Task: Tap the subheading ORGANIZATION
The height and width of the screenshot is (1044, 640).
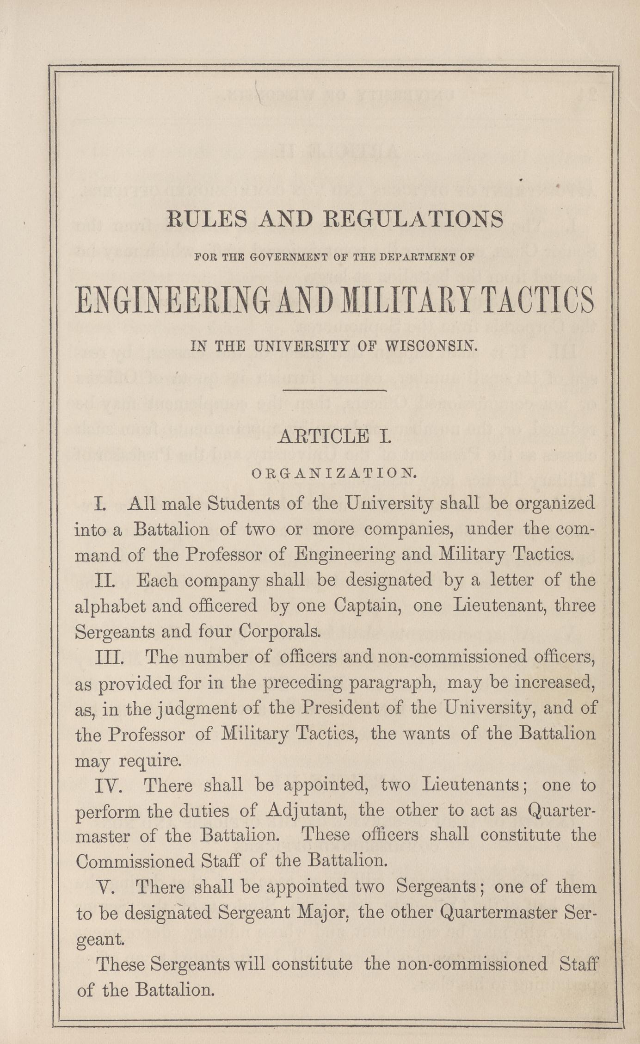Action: (x=334, y=473)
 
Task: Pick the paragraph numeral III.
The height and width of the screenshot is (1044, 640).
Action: (x=109, y=657)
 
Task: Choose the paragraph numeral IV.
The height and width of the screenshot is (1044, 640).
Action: (x=108, y=785)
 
